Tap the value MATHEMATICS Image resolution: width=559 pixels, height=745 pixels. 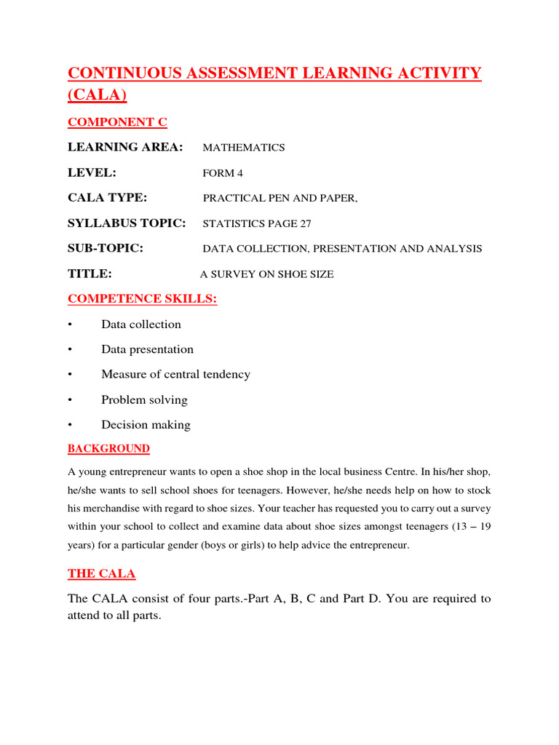click(243, 148)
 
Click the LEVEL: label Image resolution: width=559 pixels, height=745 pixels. click(92, 172)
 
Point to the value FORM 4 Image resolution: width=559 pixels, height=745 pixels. click(218, 173)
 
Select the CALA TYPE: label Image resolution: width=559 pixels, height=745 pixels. click(107, 198)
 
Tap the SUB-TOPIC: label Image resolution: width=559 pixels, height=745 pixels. click(106, 248)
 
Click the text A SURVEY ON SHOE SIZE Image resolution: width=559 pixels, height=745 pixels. click(266, 274)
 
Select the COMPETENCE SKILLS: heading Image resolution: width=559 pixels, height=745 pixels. click(142, 299)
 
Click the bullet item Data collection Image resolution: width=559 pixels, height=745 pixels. click(141, 324)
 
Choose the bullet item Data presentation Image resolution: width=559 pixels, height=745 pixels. click(147, 349)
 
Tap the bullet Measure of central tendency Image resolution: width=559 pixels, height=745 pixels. click(175, 375)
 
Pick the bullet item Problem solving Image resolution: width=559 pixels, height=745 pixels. click(144, 400)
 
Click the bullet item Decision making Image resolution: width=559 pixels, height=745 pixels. click(146, 425)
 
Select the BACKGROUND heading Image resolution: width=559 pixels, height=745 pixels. click(108, 449)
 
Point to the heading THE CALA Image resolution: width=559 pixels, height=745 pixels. click(101, 573)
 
